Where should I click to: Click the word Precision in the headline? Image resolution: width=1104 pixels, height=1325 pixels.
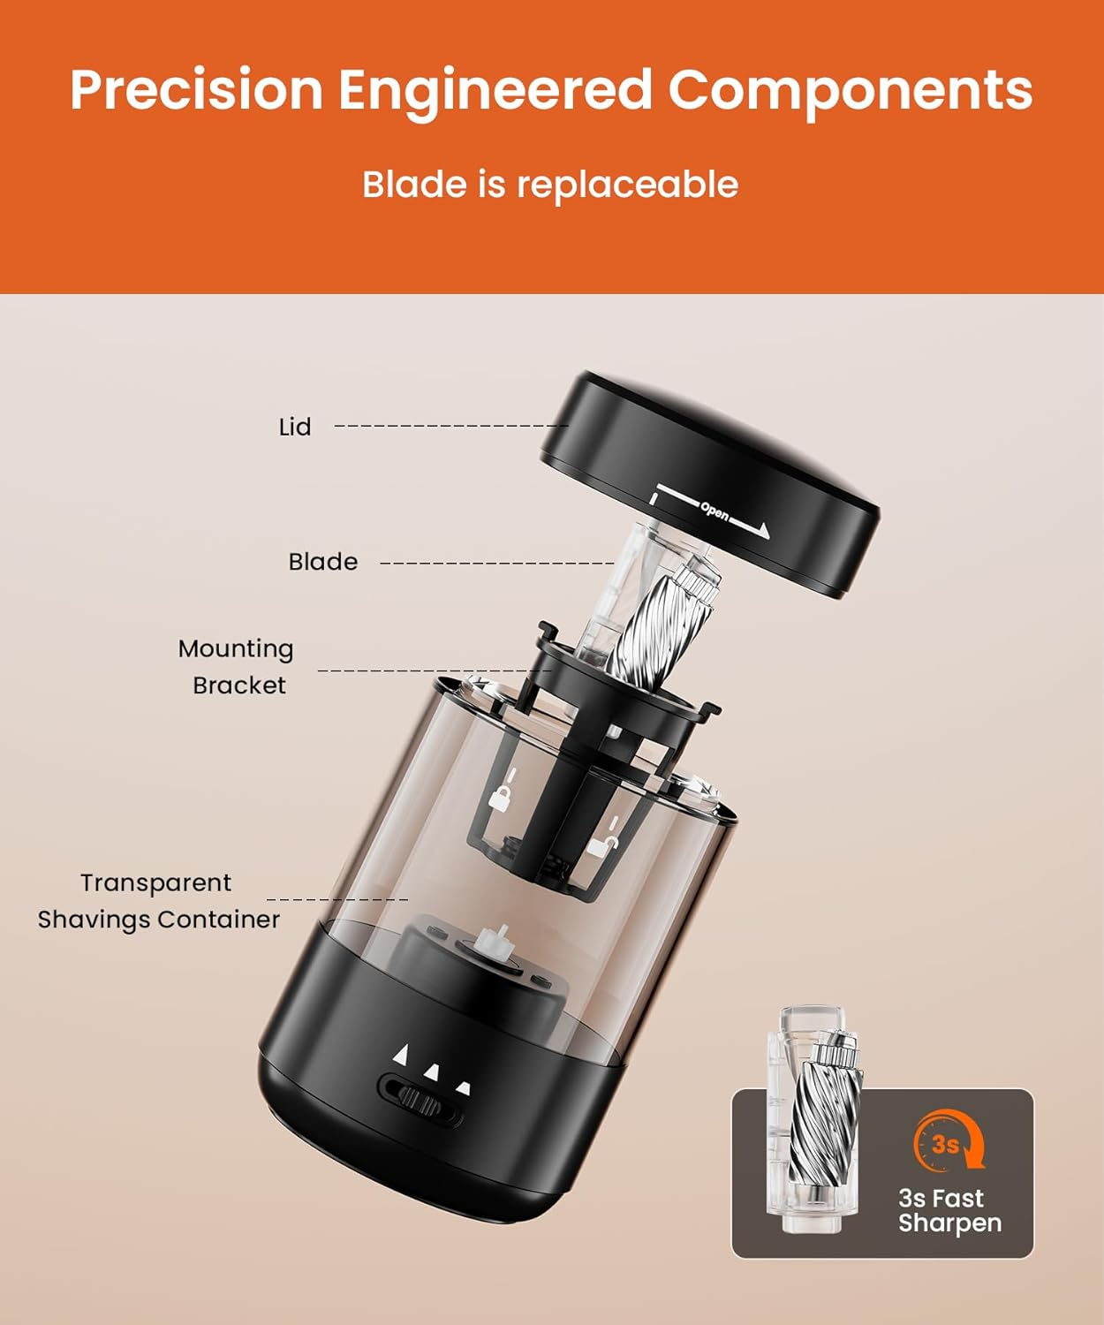point(197,89)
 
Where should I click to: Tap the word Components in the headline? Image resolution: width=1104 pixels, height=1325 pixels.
point(851,89)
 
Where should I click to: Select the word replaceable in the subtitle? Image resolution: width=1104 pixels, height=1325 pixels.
point(627,185)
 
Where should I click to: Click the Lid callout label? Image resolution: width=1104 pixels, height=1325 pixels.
point(295,427)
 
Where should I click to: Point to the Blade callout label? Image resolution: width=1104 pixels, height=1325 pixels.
point(323,562)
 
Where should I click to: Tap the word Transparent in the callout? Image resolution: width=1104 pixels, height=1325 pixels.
point(156,883)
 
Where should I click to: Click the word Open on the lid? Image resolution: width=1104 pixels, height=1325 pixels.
point(715,511)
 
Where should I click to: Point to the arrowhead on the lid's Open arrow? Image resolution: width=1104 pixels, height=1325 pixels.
point(763,531)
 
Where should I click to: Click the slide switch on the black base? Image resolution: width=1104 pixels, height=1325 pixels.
point(421,1101)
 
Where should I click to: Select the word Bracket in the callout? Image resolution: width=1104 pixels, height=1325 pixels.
point(239,685)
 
